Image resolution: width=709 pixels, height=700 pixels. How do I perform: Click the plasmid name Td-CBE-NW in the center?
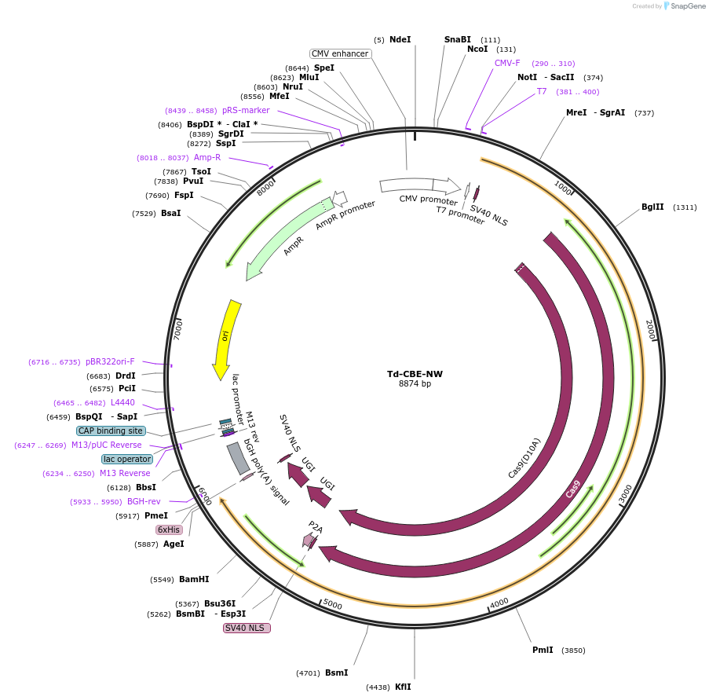click(x=415, y=374)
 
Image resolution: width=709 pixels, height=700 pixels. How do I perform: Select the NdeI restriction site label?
click(x=400, y=39)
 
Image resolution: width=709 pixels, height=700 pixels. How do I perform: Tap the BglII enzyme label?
click(x=652, y=207)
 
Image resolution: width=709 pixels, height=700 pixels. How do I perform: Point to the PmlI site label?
click(x=543, y=650)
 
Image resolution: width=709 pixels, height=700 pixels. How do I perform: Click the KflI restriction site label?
click(x=403, y=687)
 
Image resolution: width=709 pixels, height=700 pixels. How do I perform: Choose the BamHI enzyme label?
click(x=194, y=579)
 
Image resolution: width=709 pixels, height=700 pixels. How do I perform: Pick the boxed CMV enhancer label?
click(x=340, y=53)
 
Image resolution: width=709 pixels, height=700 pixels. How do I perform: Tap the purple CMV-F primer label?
click(x=507, y=63)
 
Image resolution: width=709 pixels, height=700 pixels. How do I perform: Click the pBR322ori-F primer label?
click(x=110, y=362)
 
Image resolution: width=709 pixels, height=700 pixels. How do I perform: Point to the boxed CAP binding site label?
click(x=111, y=431)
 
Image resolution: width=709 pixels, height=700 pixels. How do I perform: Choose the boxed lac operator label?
click(x=127, y=459)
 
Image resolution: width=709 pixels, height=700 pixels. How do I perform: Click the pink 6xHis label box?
click(x=169, y=530)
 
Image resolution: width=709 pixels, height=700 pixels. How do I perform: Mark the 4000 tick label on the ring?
click(x=500, y=603)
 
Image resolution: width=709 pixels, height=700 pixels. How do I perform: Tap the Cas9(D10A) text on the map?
click(x=524, y=458)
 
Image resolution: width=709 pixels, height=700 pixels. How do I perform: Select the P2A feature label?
click(x=315, y=526)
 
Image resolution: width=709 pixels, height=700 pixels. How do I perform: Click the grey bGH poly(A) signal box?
click(x=238, y=458)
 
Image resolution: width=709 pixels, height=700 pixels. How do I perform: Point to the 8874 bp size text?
click(x=415, y=384)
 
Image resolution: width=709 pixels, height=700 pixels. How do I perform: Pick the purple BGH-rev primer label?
click(x=144, y=501)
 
